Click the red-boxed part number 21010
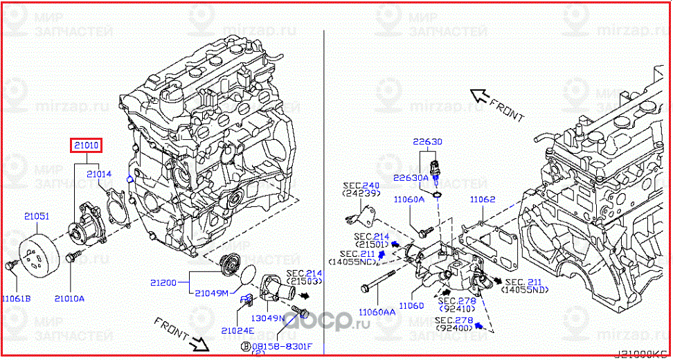(85, 145)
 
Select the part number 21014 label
(99, 175)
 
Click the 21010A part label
(69, 298)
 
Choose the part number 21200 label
(164, 283)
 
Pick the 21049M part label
(211, 293)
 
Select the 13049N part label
(269, 318)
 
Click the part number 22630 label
(428, 141)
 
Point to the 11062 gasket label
(483, 199)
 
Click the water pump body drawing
(87, 222)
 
